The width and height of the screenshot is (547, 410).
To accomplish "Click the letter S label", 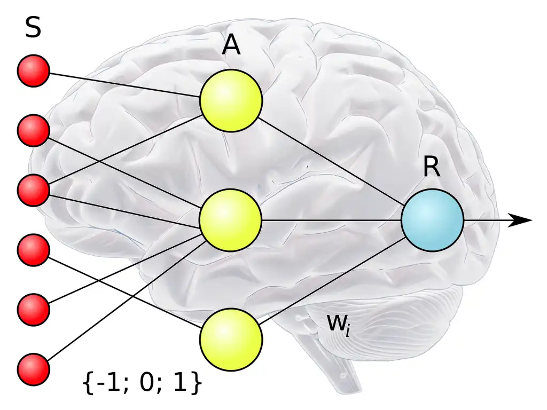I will [33, 28].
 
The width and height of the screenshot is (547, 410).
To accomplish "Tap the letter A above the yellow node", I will [231, 46].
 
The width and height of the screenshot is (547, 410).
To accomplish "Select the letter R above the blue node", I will [432, 168].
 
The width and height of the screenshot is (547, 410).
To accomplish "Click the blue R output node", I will [432, 220].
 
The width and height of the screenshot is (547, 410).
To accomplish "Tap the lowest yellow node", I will [231, 338].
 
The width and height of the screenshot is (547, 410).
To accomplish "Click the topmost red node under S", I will [34, 72].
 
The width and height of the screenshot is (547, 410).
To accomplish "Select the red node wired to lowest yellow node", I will [34, 250].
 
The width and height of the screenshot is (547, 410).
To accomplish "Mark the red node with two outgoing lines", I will [34, 190].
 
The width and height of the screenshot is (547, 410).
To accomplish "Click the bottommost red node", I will [34, 369].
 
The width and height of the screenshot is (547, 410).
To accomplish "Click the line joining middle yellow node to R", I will [331, 220].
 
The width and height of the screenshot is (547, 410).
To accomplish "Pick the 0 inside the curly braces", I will [145, 383].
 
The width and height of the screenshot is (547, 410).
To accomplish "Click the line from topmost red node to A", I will [123, 85].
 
